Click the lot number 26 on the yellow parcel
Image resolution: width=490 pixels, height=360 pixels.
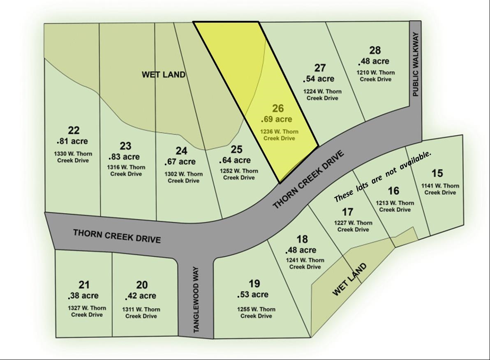point(278,109)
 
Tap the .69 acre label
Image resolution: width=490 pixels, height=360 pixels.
point(277,120)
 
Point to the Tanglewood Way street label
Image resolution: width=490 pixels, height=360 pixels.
point(196,300)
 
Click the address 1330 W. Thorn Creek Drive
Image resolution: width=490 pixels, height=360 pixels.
point(73,157)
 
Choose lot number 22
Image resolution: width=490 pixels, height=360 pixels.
point(74,131)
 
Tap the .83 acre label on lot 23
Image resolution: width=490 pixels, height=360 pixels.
point(124,157)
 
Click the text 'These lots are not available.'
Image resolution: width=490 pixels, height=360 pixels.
point(383,176)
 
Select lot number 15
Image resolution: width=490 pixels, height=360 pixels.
point(437,173)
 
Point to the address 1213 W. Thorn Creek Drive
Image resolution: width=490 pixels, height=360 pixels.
point(395,206)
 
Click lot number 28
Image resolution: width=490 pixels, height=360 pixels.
point(375,51)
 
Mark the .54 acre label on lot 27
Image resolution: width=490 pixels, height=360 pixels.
point(319,79)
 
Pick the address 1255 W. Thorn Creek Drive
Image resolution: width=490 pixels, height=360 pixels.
point(256,313)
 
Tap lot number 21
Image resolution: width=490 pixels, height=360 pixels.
point(84,285)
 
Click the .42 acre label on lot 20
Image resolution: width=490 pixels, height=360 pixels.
point(141,296)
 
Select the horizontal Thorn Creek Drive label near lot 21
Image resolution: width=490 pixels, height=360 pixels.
point(117,236)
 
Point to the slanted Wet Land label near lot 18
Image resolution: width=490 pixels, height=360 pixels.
point(349,280)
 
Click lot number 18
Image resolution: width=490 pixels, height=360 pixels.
point(302,239)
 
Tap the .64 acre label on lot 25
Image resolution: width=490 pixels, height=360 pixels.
point(235,160)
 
